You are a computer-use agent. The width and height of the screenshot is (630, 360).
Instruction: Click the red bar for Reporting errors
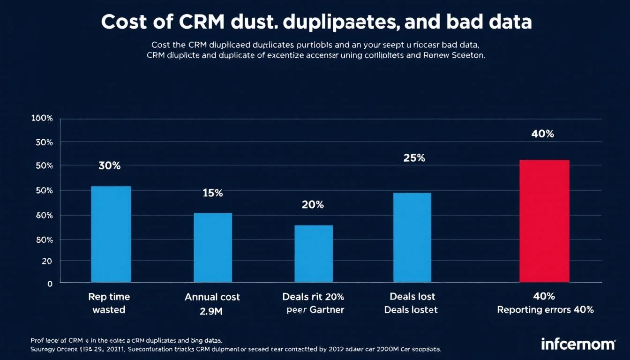pyautogui.click(x=544, y=221)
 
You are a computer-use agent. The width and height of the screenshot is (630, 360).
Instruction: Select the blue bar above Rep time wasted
pyautogui.click(x=111, y=234)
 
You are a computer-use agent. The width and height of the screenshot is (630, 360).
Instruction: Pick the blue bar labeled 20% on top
pyautogui.click(x=314, y=254)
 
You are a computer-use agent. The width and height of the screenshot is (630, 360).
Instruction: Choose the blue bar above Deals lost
pyautogui.click(x=412, y=237)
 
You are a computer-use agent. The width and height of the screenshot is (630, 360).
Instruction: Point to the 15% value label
pyautogui.click(x=212, y=193)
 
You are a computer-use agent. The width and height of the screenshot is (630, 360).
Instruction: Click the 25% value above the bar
pyautogui.click(x=414, y=158)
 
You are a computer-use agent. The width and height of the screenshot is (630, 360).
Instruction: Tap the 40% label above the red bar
pyautogui.click(x=543, y=134)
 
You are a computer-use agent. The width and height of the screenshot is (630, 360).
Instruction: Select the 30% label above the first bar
pyautogui.click(x=110, y=165)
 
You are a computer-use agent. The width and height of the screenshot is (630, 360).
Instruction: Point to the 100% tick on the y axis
pyautogui.click(x=42, y=118)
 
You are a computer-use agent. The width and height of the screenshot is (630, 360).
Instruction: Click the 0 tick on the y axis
pyautogui.click(x=50, y=283)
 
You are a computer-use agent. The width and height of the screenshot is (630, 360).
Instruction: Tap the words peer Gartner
pyautogui.click(x=315, y=310)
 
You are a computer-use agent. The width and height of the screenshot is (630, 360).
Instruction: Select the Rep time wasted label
pyautogui.click(x=109, y=303)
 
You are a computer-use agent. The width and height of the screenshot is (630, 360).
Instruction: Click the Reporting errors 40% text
pyautogui.click(x=545, y=310)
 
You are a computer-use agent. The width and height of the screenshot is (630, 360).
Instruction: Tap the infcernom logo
pyautogui.click(x=577, y=344)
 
